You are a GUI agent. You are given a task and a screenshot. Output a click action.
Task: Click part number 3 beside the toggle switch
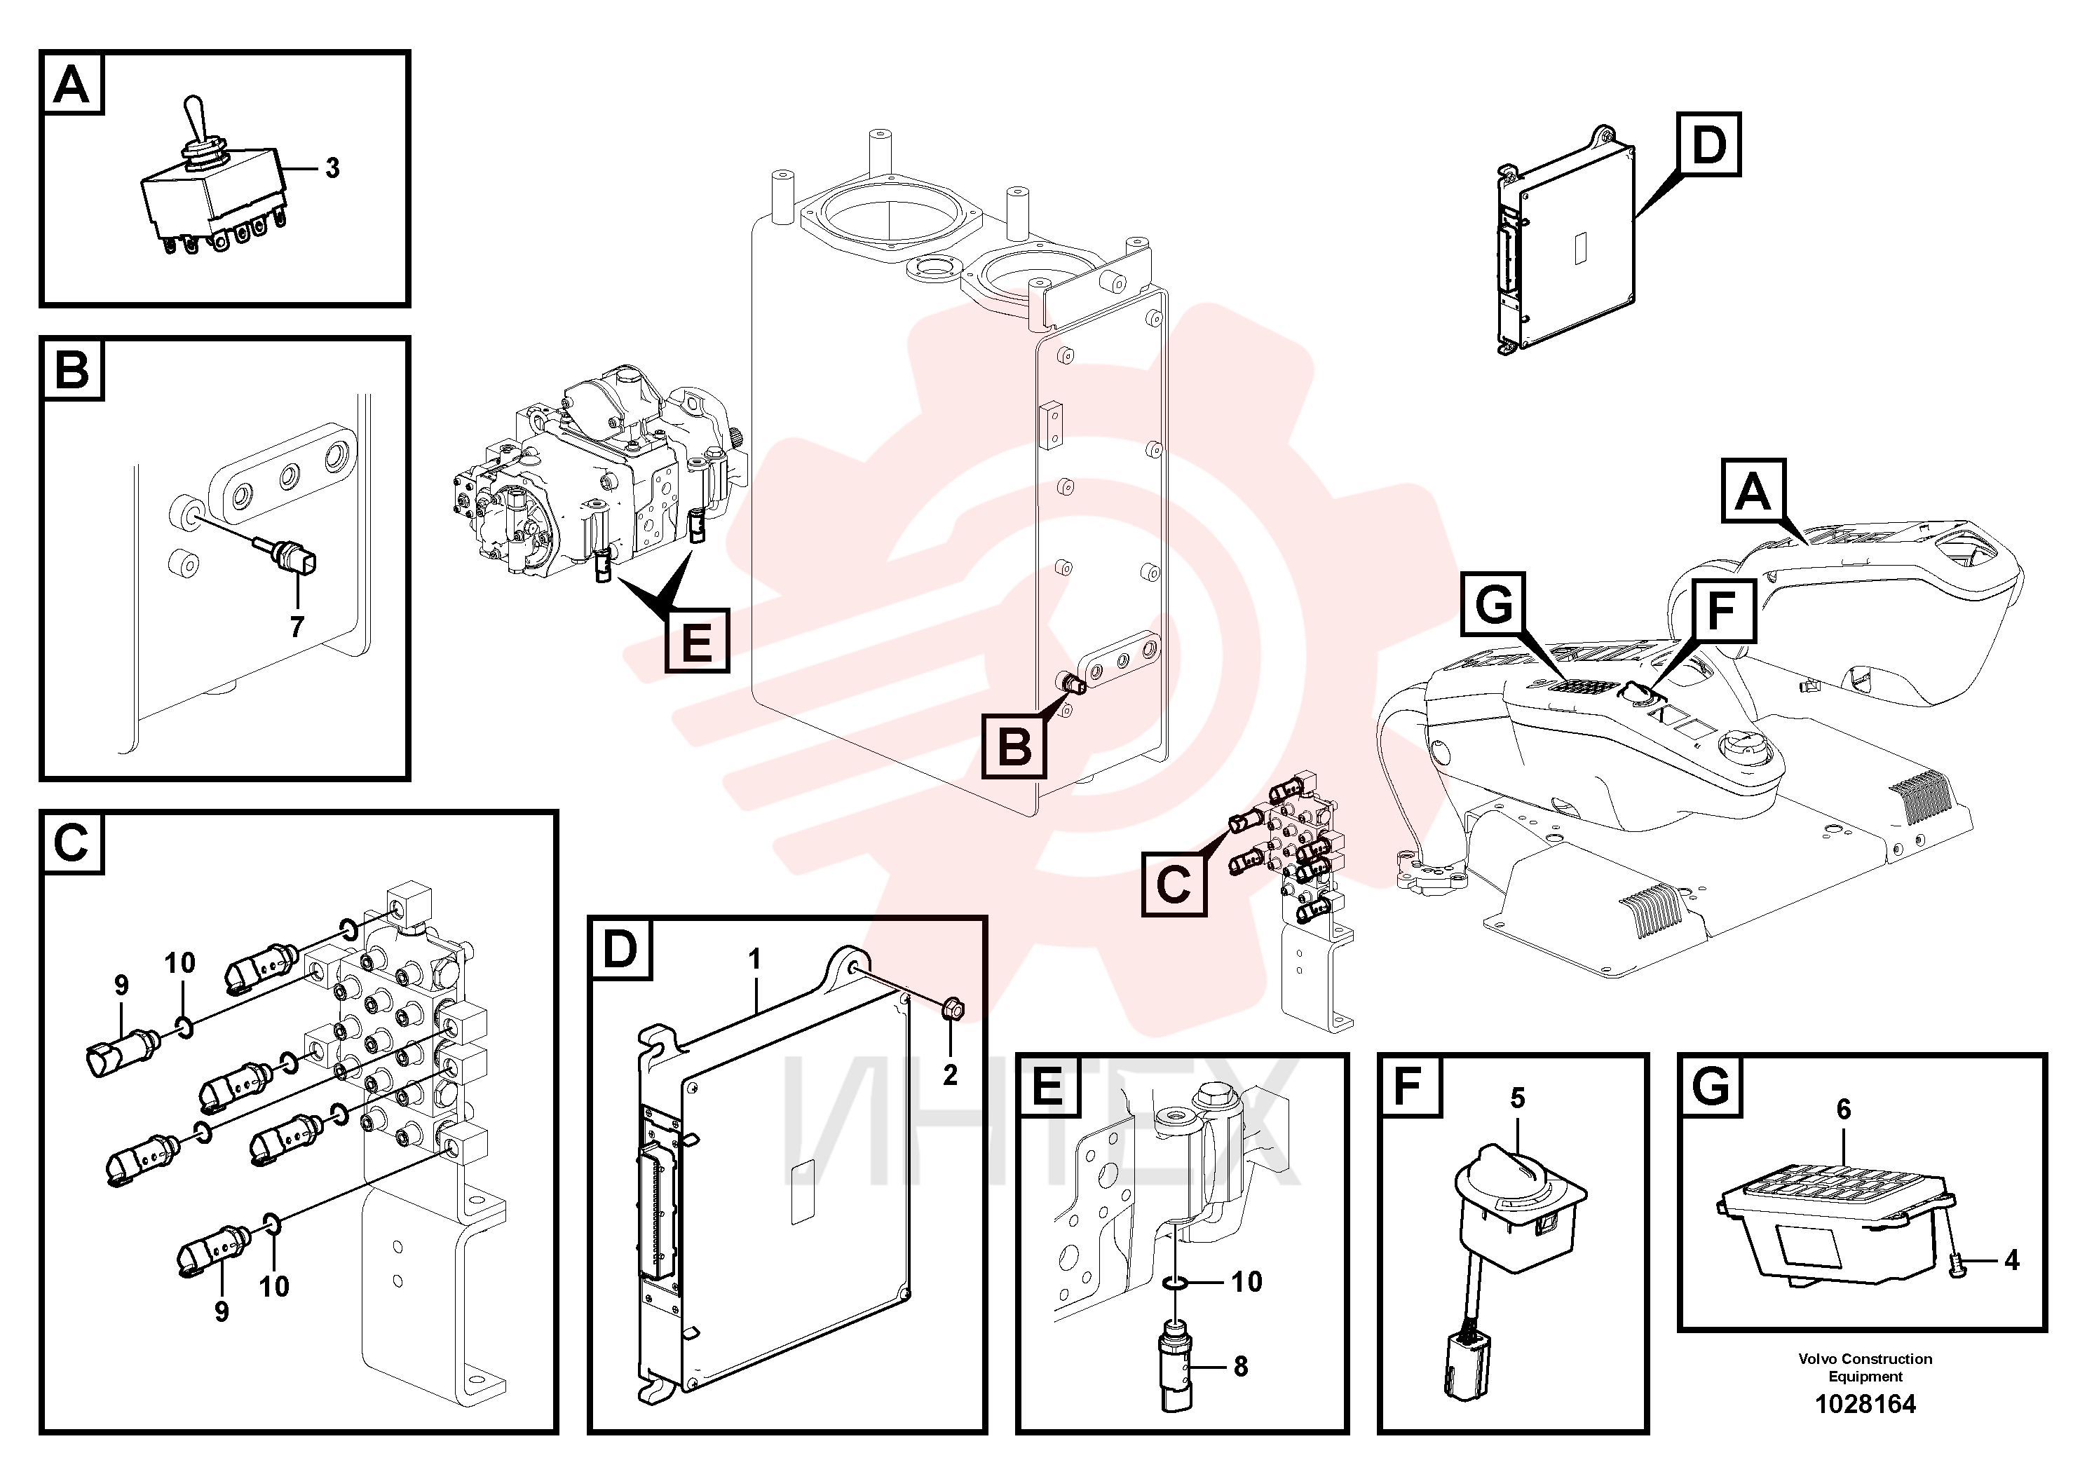pos(333,168)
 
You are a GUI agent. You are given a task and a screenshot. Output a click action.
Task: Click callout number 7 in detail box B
pos(297,627)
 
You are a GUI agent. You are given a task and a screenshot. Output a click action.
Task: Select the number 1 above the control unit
pos(754,960)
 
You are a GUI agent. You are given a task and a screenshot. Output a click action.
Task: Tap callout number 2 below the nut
pos(950,1075)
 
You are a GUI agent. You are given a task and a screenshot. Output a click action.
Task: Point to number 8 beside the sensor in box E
pos(1241,1367)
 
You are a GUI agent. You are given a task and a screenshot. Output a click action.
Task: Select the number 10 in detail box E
pos(1246,1282)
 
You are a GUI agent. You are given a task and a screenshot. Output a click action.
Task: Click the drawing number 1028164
pos(1865,1404)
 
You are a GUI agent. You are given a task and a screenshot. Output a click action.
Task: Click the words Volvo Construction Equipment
pos(1865,1367)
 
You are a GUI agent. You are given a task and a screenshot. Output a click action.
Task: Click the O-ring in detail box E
pos(1174,1283)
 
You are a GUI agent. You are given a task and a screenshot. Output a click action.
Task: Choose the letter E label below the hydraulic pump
pos(697,641)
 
